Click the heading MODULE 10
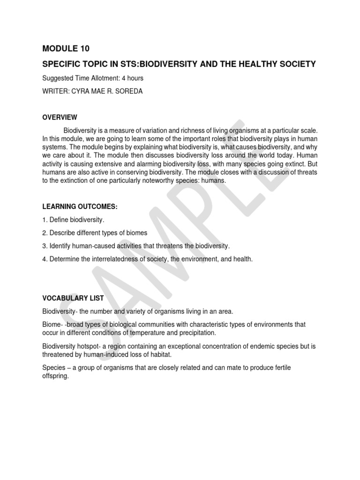click(66, 48)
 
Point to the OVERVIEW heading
click(60, 117)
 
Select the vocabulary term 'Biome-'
click(52, 324)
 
